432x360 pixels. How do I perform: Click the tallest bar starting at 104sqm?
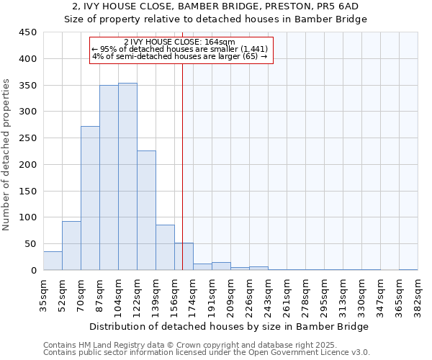coord(127,176)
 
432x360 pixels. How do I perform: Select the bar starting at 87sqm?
coord(109,178)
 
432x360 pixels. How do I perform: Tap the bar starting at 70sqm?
coord(90,198)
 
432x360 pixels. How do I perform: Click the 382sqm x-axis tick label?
coord(418,296)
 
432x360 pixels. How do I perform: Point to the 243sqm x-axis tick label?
coord(269,296)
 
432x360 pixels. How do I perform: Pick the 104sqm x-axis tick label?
coord(119,296)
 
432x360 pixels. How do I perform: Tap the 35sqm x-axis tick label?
coord(44,296)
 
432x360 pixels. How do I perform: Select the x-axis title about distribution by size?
coord(230,326)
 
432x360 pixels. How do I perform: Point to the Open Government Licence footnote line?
coord(207,353)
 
